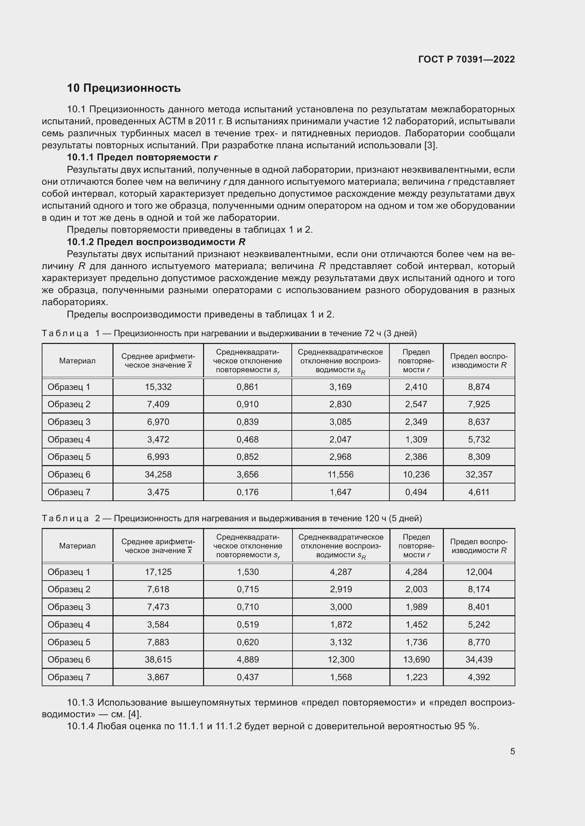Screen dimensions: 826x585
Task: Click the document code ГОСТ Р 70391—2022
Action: click(x=467, y=59)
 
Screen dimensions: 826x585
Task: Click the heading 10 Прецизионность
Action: click(x=123, y=88)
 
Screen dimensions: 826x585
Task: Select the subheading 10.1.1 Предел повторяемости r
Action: click(x=142, y=157)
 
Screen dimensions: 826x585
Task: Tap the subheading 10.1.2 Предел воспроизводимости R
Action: click(x=156, y=242)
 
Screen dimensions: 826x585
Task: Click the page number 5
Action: click(x=512, y=751)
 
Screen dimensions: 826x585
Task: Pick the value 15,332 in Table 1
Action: click(x=158, y=387)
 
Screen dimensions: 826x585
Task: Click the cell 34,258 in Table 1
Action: click(x=158, y=475)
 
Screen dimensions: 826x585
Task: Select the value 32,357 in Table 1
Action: click(x=479, y=475)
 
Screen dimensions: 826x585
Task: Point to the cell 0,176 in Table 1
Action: click(x=248, y=492)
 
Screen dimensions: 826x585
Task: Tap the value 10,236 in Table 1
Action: click(x=416, y=475)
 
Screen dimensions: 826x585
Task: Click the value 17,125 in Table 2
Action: click(x=158, y=572)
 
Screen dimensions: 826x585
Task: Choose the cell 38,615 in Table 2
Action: click(x=158, y=659)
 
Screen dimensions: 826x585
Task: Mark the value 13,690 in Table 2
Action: click(x=416, y=659)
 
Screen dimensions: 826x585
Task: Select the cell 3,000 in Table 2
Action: click(x=341, y=607)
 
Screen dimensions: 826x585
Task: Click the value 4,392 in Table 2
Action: click(x=479, y=677)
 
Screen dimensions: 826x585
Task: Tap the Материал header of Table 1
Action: click(x=77, y=361)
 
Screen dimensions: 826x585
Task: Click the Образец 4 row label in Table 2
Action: click(x=69, y=625)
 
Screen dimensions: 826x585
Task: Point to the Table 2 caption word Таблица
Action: click(x=65, y=518)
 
